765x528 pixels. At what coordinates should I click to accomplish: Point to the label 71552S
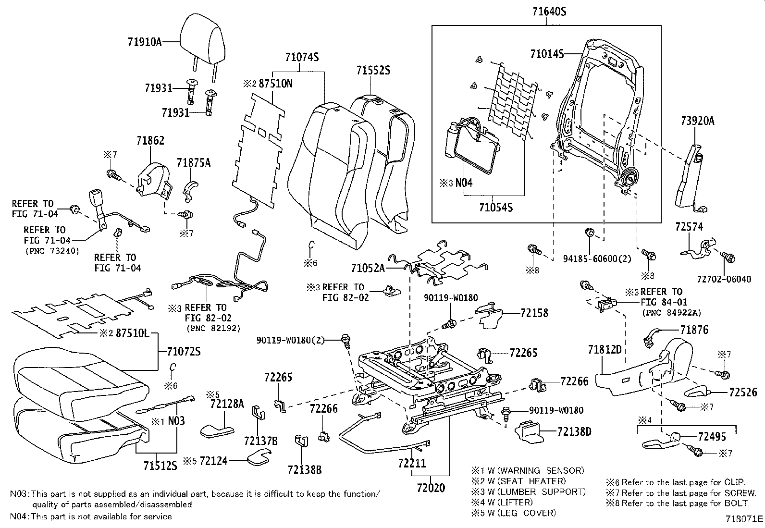pyautogui.click(x=373, y=70)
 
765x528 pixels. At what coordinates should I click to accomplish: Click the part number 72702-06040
pyautogui.click(x=723, y=279)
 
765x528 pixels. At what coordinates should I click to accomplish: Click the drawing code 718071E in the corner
pyautogui.click(x=744, y=519)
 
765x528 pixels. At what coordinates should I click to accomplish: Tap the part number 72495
pyautogui.click(x=712, y=437)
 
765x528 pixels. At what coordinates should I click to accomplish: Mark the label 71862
pyautogui.click(x=150, y=140)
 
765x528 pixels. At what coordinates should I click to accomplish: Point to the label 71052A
pyautogui.click(x=368, y=268)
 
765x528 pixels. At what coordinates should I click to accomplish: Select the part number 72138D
pyautogui.click(x=574, y=431)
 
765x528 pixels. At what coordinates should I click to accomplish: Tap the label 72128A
pyautogui.click(x=227, y=404)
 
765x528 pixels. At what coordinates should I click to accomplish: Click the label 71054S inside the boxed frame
pyautogui.click(x=496, y=208)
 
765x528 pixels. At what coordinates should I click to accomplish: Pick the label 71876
pyautogui.click(x=694, y=330)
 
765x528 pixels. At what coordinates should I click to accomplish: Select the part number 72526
pyautogui.click(x=742, y=393)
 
